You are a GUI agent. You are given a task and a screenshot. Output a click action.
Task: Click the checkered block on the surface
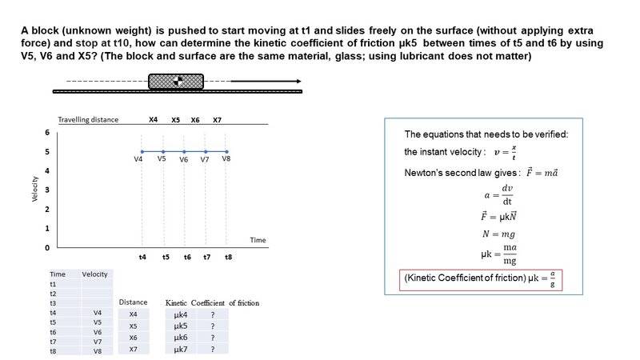tap(176, 81)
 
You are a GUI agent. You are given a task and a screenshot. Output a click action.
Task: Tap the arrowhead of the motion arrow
tap(298, 81)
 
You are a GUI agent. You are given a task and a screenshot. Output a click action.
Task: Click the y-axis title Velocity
tap(34, 189)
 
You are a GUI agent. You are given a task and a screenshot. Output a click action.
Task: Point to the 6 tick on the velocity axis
tap(47, 132)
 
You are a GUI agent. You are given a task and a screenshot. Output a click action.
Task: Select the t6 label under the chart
tap(186, 257)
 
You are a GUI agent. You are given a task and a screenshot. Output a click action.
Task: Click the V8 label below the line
tap(226, 158)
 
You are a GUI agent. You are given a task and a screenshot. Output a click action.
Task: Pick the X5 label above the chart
tap(175, 120)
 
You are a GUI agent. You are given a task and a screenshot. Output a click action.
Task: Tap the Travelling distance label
tap(88, 120)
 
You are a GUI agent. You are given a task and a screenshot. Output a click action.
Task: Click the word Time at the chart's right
tap(258, 240)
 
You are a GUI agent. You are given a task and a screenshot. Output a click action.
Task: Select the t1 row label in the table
tap(53, 283)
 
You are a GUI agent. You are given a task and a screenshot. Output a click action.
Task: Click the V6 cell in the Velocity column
tap(98, 331)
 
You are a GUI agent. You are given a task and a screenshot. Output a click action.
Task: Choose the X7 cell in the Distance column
tap(134, 349)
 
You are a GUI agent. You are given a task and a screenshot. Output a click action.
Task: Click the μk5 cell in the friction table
tap(180, 326)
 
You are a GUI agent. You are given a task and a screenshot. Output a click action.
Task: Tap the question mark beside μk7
tap(213, 349)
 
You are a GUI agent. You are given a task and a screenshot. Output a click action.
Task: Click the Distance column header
tap(133, 302)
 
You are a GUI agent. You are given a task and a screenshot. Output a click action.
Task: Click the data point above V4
tap(142, 151)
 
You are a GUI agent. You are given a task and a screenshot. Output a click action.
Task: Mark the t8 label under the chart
tap(228, 257)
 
